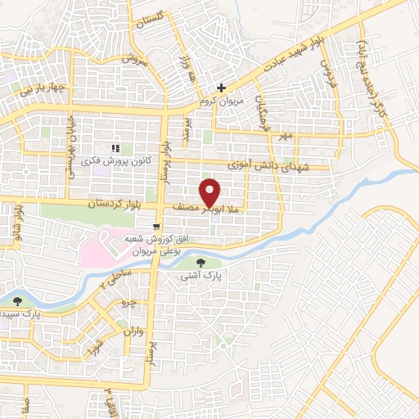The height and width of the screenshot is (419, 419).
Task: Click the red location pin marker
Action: click(210, 191)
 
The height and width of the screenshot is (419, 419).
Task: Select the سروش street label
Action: click(132, 61)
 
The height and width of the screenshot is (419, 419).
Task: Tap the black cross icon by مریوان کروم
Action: click(221, 88)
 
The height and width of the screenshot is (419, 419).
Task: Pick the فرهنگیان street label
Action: click(260, 114)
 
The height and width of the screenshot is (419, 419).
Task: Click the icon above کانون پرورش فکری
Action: click(115, 148)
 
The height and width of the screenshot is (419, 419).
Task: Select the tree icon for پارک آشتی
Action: click(202, 263)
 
